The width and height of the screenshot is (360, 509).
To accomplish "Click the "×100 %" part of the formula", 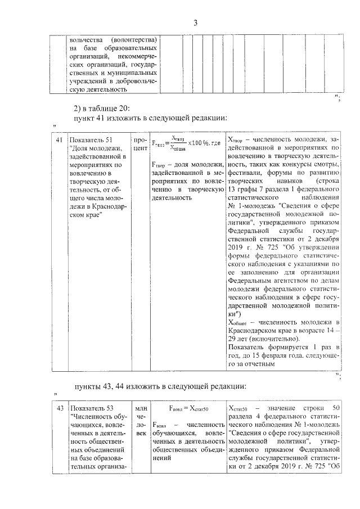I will click(199, 143).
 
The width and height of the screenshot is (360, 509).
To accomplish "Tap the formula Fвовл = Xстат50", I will click(188, 408).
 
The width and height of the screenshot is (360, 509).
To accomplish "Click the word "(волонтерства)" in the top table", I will click(134, 40).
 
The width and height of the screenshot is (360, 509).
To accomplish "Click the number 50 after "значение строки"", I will click(336, 407).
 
